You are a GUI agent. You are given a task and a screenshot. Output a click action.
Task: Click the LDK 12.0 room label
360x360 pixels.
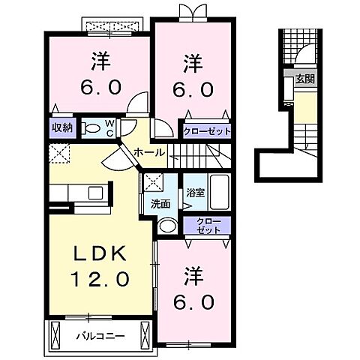102,265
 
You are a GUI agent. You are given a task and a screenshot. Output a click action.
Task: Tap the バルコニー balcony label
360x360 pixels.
99,335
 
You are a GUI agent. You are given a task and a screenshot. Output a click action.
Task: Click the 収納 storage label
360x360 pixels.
61,128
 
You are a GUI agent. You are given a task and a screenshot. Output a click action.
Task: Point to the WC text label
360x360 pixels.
108,128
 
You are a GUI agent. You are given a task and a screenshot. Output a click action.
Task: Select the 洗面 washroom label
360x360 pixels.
160,204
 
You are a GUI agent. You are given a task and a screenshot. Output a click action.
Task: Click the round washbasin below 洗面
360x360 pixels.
169,226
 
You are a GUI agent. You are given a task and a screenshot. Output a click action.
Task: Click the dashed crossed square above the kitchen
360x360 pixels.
59,154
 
